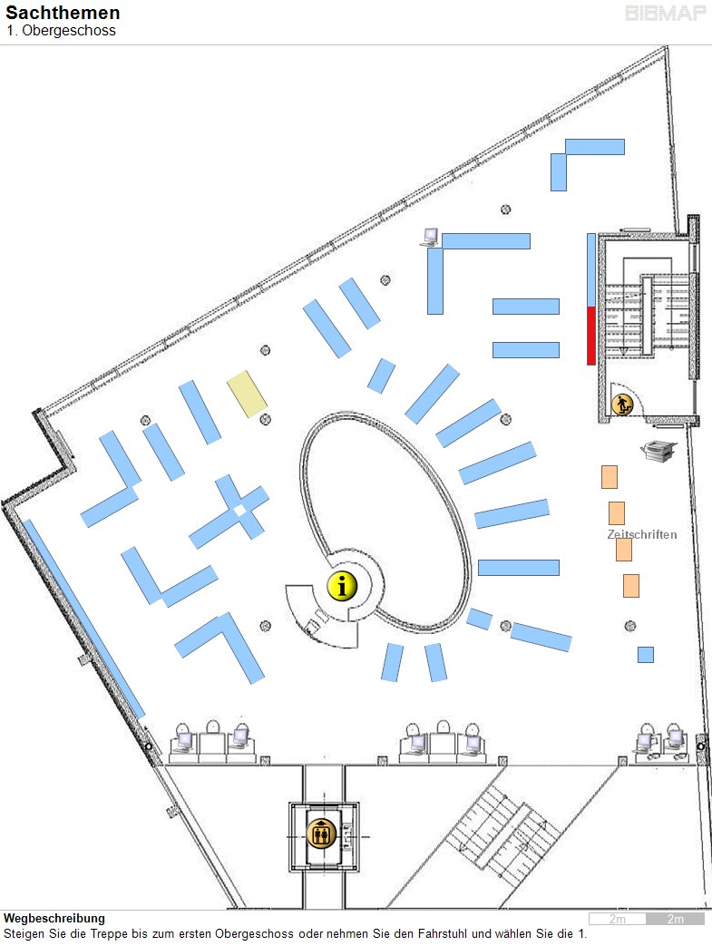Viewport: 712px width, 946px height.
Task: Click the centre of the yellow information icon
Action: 343,586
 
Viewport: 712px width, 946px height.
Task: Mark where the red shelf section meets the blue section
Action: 591,307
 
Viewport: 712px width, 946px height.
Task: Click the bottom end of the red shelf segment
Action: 591,365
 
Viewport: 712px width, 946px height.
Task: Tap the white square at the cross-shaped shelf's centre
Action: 240,511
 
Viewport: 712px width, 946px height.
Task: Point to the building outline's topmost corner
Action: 666,46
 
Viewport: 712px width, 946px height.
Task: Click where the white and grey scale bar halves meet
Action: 646,919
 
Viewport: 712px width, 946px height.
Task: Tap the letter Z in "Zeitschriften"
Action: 610,534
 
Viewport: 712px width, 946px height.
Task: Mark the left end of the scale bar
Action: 590,919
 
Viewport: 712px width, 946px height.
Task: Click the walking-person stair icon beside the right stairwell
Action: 622,405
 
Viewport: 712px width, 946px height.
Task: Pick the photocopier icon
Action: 658,450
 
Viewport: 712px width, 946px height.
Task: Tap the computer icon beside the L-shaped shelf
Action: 430,237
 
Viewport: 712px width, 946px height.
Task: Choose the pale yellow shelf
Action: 247,394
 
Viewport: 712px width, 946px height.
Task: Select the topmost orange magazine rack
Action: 610,476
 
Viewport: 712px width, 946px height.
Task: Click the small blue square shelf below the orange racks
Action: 646,655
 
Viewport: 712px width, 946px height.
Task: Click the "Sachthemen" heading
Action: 63,13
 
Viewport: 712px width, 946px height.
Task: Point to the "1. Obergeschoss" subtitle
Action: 61,30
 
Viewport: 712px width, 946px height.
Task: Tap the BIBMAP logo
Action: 666,14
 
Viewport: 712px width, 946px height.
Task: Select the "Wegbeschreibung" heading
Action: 54,918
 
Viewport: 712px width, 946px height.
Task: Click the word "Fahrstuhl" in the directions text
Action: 444,933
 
